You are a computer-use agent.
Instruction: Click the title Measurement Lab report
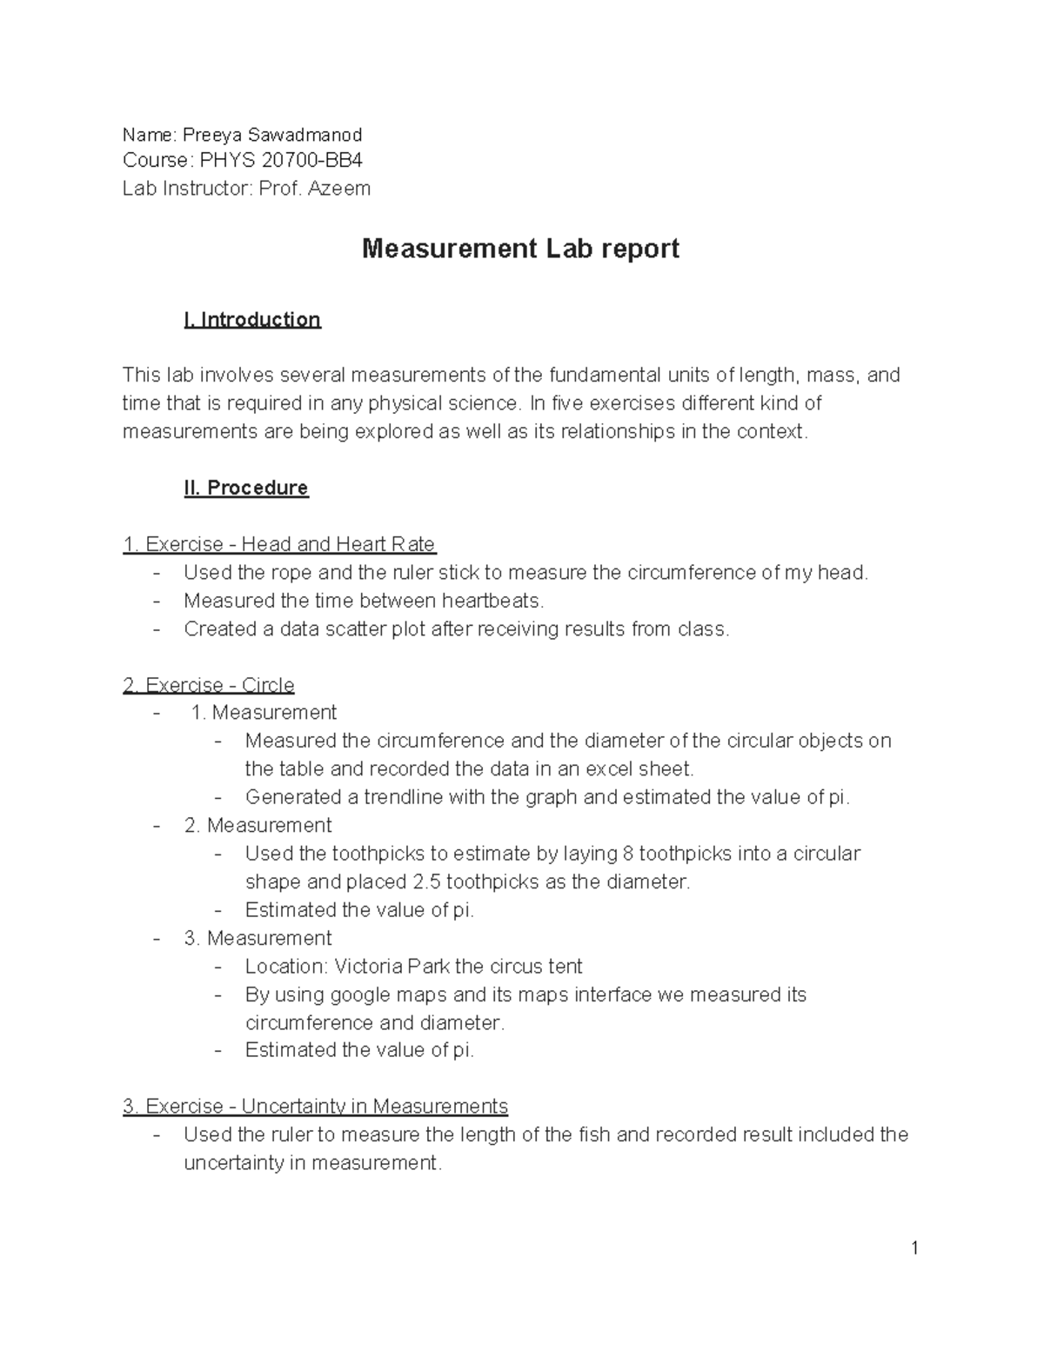pyautogui.click(x=520, y=249)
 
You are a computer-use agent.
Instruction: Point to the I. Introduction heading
pyautogui.click(x=252, y=320)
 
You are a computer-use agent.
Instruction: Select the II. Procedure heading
pyautogui.click(x=246, y=488)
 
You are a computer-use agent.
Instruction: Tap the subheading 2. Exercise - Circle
pyautogui.click(x=209, y=685)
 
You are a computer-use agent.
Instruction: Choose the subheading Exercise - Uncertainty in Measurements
pyautogui.click(x=316, y=1107)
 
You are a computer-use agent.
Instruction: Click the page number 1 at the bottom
pyautogui.click(x=914, y=1249)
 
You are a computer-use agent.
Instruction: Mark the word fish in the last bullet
pyautogui.click(x=594, y=1134)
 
